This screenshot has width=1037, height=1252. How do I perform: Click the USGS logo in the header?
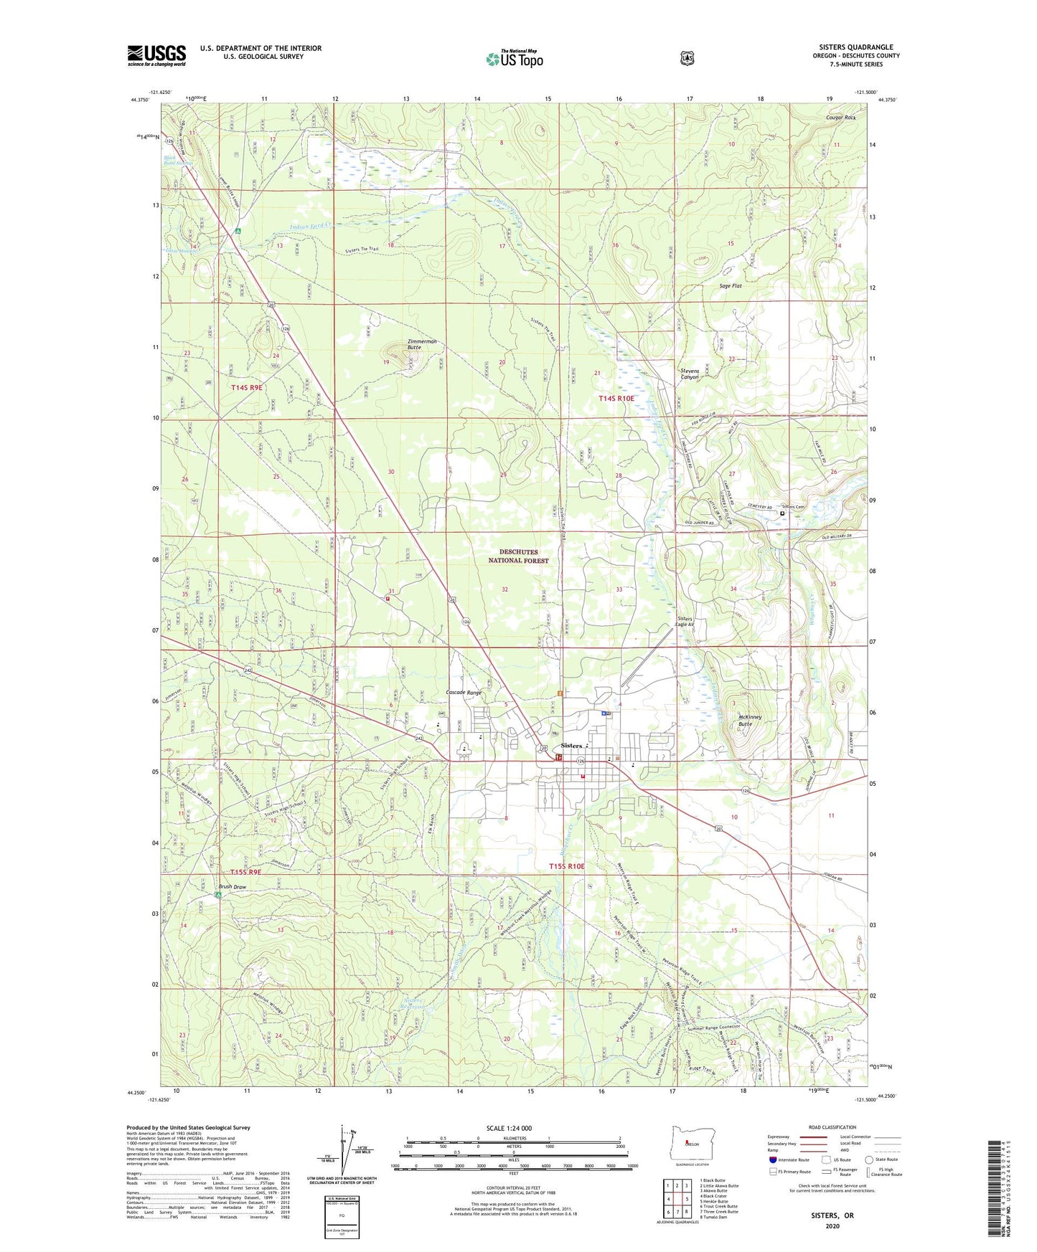click(156, 55)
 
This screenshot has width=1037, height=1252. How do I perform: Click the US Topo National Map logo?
click(515, 59)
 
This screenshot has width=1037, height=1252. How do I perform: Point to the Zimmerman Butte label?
click(422, 344)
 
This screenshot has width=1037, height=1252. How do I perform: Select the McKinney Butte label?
click(745, 720)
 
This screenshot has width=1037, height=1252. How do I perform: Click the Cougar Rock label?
click(840, 117)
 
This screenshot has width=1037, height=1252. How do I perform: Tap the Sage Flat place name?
click(730, 286)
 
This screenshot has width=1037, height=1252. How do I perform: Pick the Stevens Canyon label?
click(689, 374)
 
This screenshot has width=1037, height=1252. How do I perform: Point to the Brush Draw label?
click(233, 887)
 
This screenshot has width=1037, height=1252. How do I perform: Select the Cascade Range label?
click(464, 693)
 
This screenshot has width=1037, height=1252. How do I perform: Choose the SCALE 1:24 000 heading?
click(509, 1128)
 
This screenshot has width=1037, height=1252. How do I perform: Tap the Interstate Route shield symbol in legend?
click(773, 1159)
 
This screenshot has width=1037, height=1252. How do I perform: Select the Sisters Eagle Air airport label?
click(685, 621)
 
